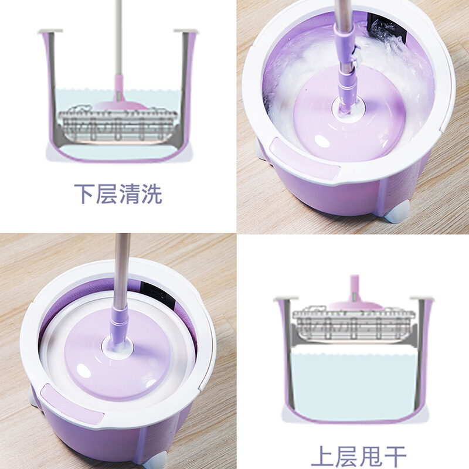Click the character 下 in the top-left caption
tap(84, 194)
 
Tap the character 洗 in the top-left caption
tap(152, 194)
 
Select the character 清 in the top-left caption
tap(129, 194)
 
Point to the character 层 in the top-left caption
tap(107, 194)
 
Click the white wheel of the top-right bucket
tap(398, 212)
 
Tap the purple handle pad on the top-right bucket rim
tap(304, 158)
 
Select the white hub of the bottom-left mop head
tap(117, 346)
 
